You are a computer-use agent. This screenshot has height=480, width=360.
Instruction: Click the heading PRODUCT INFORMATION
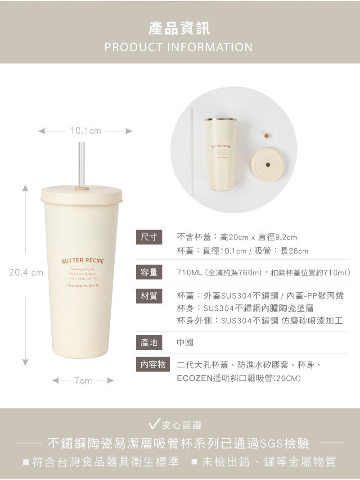click(179, 47)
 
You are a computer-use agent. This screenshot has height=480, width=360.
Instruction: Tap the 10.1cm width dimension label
click(85, 131)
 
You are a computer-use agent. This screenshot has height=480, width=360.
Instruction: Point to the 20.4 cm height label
click(26, 272)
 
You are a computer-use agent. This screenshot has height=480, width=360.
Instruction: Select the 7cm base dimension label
click(83, 381)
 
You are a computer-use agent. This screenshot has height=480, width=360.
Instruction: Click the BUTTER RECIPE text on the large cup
click(82, 261)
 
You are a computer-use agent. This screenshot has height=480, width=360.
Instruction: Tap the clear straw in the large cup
click(82, 162)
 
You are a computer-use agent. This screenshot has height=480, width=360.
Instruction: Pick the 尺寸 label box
click(148, 237)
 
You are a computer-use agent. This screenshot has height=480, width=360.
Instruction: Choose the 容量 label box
click(148, 272)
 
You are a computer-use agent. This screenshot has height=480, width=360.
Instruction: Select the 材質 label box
click(148, 296)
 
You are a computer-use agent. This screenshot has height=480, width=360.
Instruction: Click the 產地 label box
click(148, 343)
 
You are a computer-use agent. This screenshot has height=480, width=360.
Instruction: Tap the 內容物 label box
click(153, 364)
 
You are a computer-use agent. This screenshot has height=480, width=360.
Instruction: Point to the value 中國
click(185, 343)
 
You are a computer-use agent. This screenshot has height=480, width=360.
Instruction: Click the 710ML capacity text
click(189, 272)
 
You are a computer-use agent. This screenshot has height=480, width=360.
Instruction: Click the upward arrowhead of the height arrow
click(26, 188)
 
